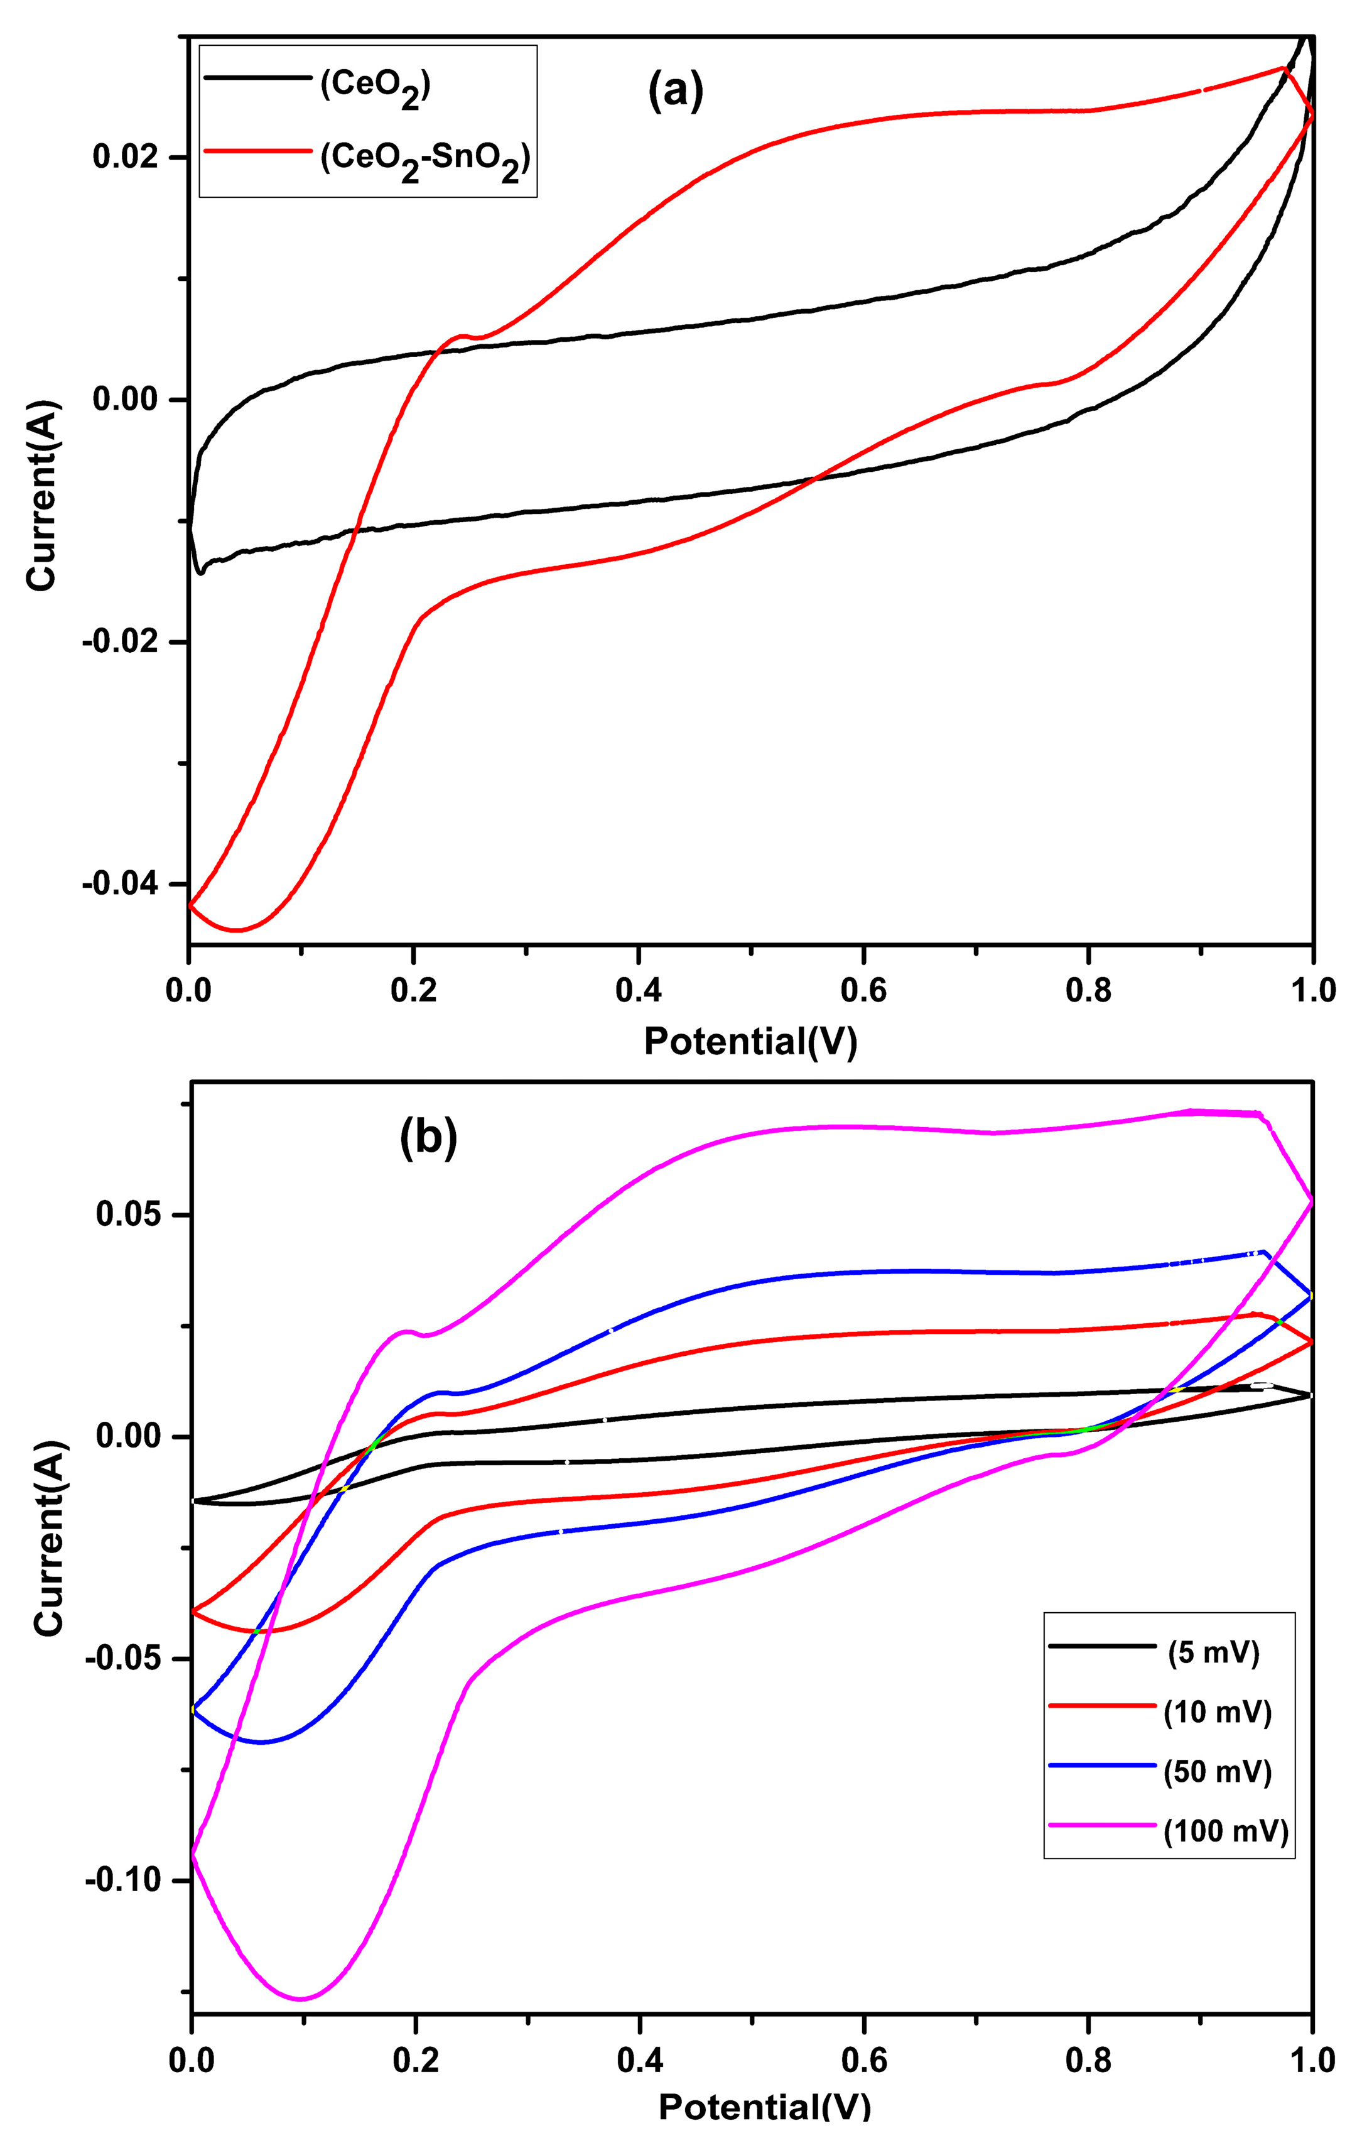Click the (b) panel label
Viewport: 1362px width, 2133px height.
click(429, 1140)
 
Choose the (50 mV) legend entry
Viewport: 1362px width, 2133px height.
click(1218, 1772)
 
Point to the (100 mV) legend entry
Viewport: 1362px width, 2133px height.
click(1226, 1830)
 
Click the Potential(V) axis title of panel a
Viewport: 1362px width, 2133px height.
click(750, 1042)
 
